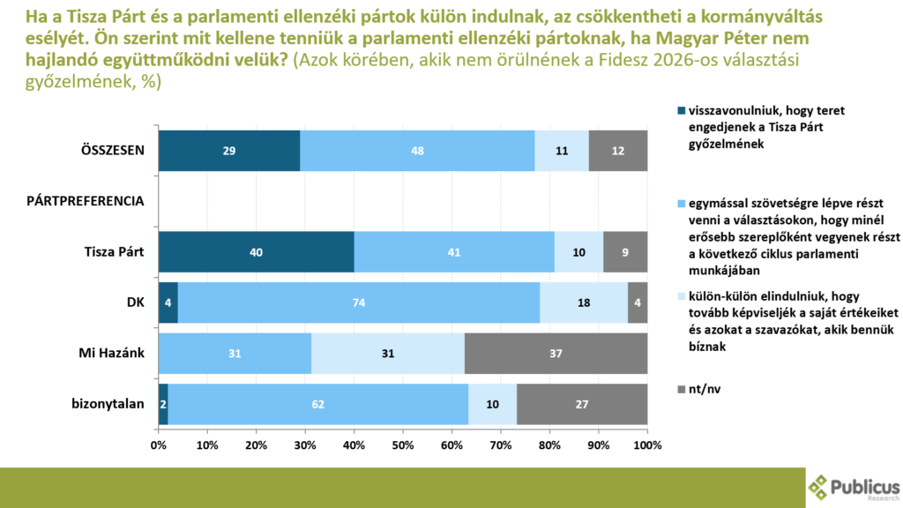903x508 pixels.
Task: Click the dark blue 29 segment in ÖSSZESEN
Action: [229, 151]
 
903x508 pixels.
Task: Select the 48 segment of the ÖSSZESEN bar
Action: [417, 151]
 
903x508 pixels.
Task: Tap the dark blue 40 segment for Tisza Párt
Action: [257, 252]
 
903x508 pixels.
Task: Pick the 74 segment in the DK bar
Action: [359, 303]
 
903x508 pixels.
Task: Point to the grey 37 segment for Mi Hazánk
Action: [556, 354]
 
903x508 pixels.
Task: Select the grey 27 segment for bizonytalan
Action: [582, 404]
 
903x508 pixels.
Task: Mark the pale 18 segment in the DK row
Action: [584, 303]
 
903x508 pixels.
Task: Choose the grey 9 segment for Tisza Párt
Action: [625, 252]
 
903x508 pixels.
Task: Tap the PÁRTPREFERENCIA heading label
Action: [84, 201]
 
